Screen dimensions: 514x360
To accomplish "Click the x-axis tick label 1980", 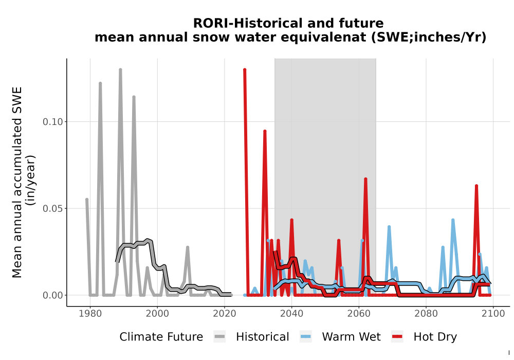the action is (90, 314).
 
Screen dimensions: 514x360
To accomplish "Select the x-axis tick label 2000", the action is (157, 314).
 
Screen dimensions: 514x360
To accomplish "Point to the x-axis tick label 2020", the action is (225, 314).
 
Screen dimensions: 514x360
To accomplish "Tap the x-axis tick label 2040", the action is (292, 314).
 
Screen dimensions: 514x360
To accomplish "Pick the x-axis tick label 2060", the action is (359, 314).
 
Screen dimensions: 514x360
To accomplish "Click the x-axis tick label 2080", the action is (426, 314).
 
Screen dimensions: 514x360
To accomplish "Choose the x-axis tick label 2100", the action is (493, 314).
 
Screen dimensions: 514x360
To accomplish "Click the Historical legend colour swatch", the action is (219, 337).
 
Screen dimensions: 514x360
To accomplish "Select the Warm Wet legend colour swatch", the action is (306, 337).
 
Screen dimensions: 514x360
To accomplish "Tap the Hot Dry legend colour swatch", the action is (397, 337).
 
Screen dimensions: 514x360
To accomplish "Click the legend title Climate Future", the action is (161, 337).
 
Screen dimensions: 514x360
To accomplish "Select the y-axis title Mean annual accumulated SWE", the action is (17, 182).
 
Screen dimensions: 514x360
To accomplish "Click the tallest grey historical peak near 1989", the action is (120, 70).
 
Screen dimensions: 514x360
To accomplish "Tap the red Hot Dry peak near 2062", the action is (365, 179).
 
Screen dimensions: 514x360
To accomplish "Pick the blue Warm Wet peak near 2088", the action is (453, 220).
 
